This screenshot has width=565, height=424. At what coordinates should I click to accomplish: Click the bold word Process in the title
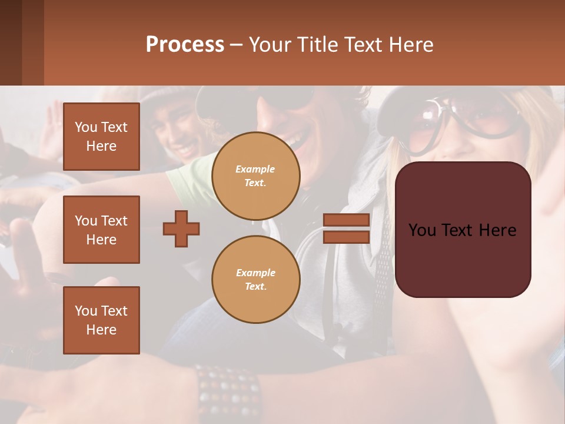pos(185,45)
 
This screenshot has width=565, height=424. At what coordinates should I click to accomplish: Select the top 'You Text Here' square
pos(101,137)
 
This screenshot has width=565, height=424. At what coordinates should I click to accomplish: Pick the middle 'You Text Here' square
pos(101,230)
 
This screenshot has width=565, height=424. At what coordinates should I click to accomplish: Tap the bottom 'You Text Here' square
pos(101,320)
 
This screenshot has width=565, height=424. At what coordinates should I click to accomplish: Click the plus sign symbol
pos(181,228)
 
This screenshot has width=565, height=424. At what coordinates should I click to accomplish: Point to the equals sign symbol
pos(346,228)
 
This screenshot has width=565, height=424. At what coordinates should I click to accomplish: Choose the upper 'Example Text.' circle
pos(255,176)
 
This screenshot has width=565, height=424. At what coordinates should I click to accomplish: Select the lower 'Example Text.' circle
pos(255,280)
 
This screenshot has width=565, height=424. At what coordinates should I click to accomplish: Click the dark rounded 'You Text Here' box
pos(463,230)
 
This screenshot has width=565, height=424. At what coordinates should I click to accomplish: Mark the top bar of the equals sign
pos(346,220)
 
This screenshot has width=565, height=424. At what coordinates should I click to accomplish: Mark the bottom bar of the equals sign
pos(346,237)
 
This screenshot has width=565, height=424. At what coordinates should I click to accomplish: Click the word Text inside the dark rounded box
pos(463,230)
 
